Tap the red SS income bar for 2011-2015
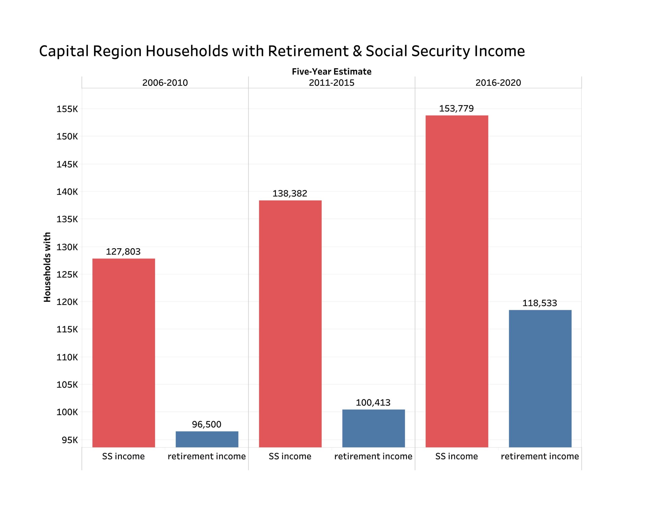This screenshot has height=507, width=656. pos(290,324)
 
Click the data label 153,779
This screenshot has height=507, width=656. pos(456,108)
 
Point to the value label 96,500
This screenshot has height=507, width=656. pos(207,424)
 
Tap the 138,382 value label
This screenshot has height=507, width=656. pos(290,194)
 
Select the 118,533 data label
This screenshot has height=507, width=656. pos(539,303)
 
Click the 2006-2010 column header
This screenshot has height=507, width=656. pos(165,83)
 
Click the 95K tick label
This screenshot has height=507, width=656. pos(70,440)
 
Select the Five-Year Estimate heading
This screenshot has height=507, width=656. pos(332,72)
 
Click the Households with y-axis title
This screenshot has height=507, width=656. pos(47,267)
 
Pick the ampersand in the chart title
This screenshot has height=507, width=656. pos(357,51)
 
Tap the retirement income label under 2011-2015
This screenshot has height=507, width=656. pos(373,456)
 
